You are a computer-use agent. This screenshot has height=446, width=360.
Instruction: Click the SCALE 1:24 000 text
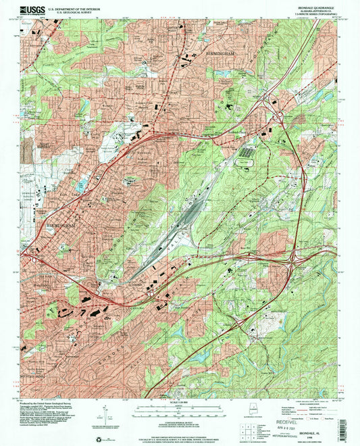[x=179, y=403]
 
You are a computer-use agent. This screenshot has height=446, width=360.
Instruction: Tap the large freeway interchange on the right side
[x=294, y=257]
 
